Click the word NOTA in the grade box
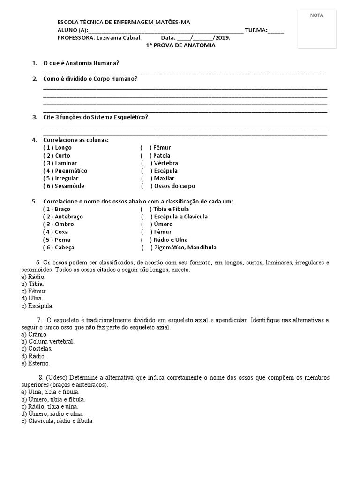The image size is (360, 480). click(316, 15)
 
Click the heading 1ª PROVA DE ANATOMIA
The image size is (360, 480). click(178, 45)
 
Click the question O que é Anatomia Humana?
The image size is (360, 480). click(84, 63)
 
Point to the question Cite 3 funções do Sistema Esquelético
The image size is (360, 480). click(95, 117)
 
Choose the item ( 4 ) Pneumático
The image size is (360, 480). click(65, 171)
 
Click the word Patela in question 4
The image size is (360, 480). click(162, 155)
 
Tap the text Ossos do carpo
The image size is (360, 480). click(174, 186)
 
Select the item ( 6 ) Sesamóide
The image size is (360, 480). click(65, 186)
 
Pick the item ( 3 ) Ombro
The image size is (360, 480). click(59, 224)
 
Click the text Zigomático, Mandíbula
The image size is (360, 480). click(185, 247)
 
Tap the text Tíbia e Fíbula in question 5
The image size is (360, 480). click(171, 209)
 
